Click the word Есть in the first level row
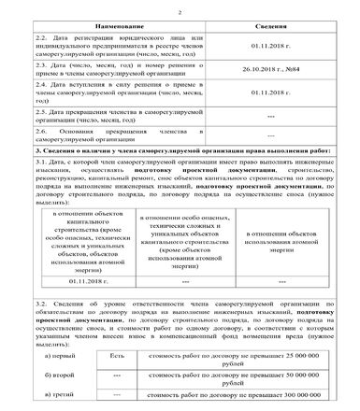click(x=117, y=356)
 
